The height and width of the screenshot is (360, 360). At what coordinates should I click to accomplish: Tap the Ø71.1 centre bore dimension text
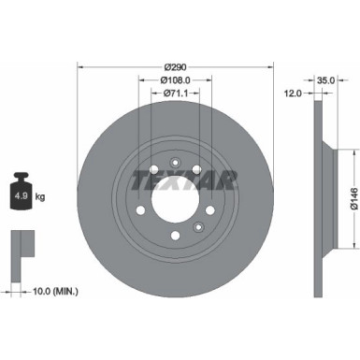pos(177,93)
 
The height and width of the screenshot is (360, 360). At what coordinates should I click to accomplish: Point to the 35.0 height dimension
pos(326,81)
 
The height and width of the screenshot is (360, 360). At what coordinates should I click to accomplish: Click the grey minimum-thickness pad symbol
pos(22,246)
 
